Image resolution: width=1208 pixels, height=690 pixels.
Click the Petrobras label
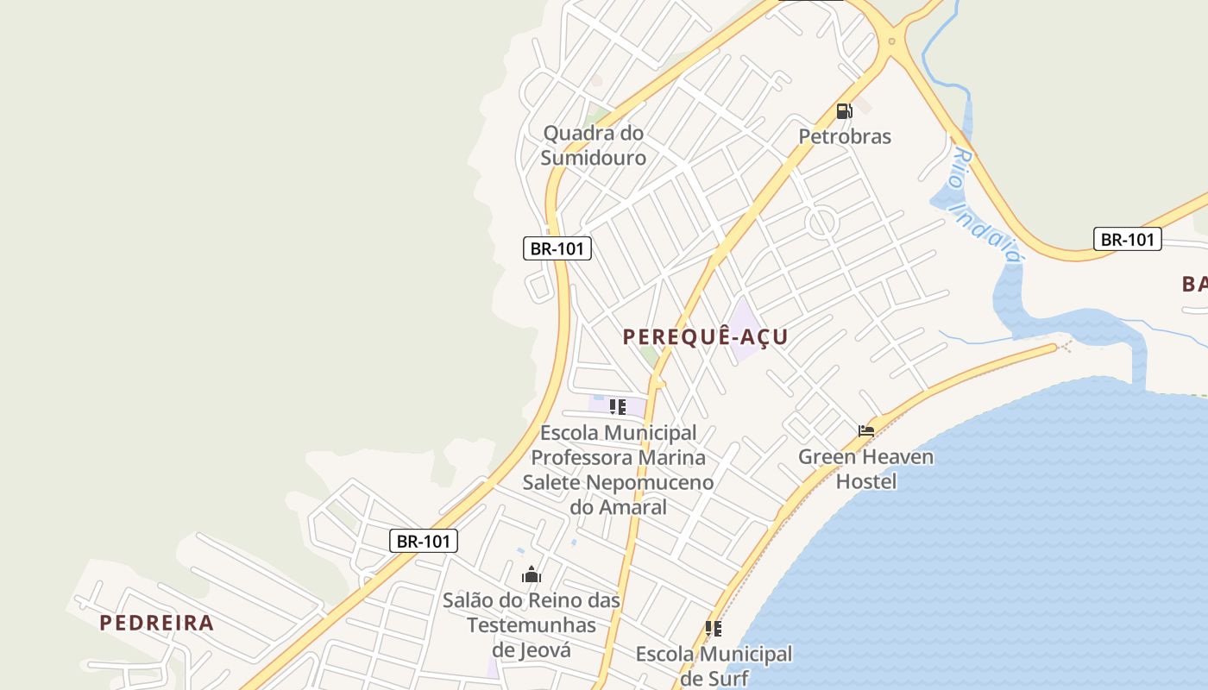pyautogui.click(x=844, y=136)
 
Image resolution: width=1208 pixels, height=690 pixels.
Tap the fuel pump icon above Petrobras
pyautogui.click(x=844, y=111)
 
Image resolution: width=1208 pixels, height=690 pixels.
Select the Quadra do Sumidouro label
pyautogui.click(x=594, y=146)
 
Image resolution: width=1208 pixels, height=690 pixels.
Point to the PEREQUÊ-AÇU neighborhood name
pyautogui.click(x=705, y=336)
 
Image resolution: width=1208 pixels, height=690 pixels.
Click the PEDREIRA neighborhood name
pyautogui.click(x=156, y=623)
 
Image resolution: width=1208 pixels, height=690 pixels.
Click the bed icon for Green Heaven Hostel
pyautogui.click(x=866, y=430)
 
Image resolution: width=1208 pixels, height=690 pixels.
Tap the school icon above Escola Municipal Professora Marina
pyautogui.click(x=617, y=406)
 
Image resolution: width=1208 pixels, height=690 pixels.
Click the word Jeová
pyautogui.click(x=544, y=649)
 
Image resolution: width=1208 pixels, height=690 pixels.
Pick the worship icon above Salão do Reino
pyautogui.click(x=531, y=574)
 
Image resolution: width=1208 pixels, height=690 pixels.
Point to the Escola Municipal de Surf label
pyautogui.click(x=714, y=665)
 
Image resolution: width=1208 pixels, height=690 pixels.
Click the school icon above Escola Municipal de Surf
pyautogui.click(x=713, y=629)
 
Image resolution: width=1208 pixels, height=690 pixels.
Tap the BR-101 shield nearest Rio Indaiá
pyautogui.click(x=1127, y=240)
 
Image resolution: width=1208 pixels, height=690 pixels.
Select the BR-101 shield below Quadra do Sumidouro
pyautogui.click(x=557, y=248)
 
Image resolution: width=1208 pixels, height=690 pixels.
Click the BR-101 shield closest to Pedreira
pyautogui.click(x=423, y=541)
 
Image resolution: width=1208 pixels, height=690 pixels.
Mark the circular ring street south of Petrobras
pyautogui.click(x=821, y=222)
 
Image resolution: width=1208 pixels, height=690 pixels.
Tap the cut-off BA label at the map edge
pyautogui.click(x=1193, y=284)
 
